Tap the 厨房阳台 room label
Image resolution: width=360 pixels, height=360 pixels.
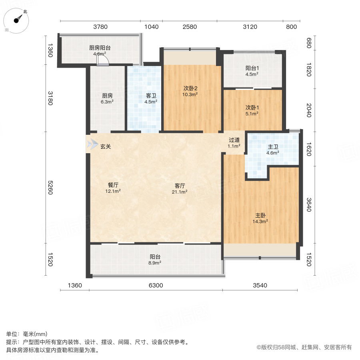[x=100, y=50]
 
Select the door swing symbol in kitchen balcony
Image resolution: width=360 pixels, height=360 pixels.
[x=103, y=60]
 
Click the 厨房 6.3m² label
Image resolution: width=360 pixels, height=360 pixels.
[x=107, y=98]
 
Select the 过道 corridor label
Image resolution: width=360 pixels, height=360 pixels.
[x=234, y=143]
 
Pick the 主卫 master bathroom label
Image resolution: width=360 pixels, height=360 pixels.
[x=272, y=149]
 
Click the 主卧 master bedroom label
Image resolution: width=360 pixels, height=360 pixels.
[x=261, y=218]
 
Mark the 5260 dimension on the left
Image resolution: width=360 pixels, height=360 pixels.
[x=50, y=188]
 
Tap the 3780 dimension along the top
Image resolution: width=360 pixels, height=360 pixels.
[x=100, y=27]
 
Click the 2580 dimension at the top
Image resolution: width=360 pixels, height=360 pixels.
[x=190, y=27]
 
